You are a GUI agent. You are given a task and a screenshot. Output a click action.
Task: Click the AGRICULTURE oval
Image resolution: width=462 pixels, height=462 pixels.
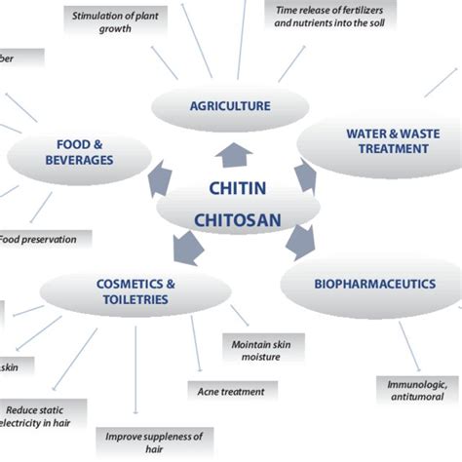(230, 106)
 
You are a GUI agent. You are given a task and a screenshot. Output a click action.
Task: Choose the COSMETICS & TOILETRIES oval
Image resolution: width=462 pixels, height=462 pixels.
(135, 290)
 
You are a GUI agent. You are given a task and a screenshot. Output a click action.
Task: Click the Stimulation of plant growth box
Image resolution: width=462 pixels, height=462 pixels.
(116, 21)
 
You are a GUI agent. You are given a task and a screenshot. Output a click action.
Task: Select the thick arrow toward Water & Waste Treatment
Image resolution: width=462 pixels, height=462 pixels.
(306, 175)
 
